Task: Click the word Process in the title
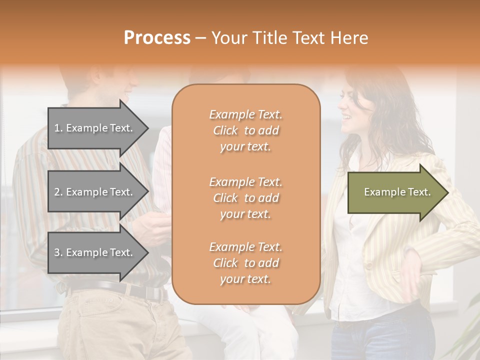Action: coord(157,38)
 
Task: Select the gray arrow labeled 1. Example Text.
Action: coord(95,128)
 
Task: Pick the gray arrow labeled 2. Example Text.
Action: coord(95,192)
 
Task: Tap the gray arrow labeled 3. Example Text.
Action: coord(95,252)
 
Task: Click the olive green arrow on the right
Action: coord(395,192)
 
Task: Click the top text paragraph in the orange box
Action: coord(245,130)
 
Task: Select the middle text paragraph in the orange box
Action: coord(245,198)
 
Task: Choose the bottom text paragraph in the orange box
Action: coord(245,263)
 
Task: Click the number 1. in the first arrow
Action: coord(58,128)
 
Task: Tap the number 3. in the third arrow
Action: coord(58,252)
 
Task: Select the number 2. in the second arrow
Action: coord(58,192)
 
